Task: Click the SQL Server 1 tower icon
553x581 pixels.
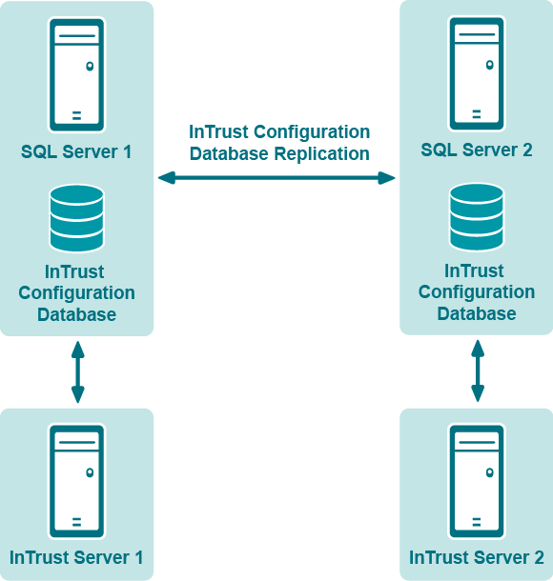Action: (x=77, y=75)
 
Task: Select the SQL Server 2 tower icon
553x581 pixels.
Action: (x=477, y=73)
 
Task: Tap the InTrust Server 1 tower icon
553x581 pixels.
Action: (x=77, y=481)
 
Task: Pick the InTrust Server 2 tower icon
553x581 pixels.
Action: (x=477, y=481)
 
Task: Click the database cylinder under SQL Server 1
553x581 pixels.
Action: (x=77, y=219)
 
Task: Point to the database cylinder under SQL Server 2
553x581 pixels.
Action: (x=477, y=217)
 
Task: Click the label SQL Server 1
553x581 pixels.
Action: (x=76, y=152)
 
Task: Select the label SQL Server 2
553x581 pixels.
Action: (x=477, y=150)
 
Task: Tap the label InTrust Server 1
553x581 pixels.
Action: (x=76, y=557)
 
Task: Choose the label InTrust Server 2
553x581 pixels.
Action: (x=477, y=557)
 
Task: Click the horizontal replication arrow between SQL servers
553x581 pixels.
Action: (x=276, y=178)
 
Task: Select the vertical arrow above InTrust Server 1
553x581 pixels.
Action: (x=78, y=372)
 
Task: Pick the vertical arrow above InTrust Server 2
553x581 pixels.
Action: (x=478, y=371)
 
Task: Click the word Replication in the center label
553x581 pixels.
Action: (x=321, y=153)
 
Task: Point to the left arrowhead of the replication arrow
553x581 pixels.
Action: (x=167, y=178)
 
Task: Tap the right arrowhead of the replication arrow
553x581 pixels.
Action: (x=386, y=178)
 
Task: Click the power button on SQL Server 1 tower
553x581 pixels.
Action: (x=90, y=67)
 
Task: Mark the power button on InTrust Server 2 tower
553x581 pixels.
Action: (x=489, y=472)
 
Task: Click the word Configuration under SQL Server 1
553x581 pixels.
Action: (x=77, y=293)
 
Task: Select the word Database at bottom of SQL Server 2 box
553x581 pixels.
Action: (x=477, y=313)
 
